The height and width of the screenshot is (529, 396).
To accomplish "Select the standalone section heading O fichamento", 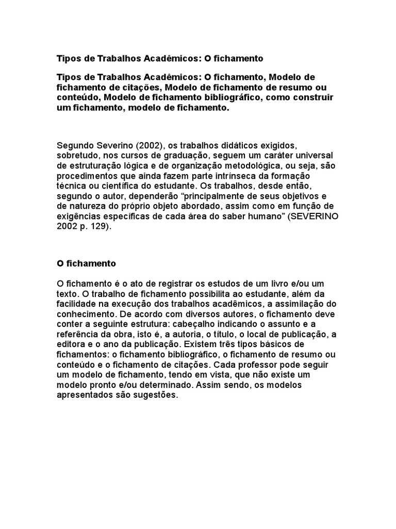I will (87, 263).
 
